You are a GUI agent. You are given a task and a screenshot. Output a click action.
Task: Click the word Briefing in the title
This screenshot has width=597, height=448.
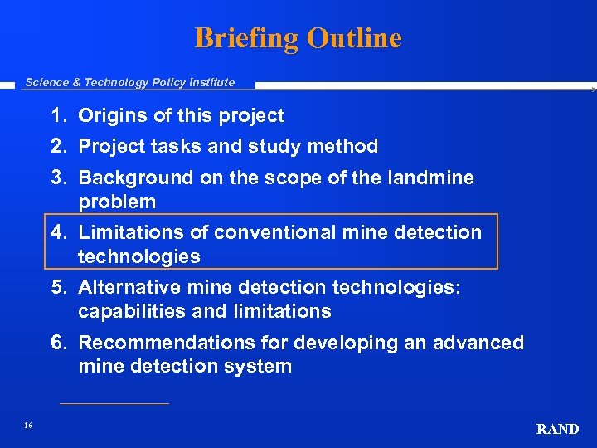[246, 38]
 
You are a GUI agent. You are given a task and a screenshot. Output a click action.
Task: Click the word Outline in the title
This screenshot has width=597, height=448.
[354, 38]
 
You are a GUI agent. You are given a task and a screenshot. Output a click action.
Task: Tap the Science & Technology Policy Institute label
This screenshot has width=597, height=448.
[130, 82]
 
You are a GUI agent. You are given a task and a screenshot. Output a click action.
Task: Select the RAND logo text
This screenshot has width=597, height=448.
[557, 429]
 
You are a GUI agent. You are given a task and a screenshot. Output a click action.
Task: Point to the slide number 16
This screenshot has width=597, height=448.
[28, 426]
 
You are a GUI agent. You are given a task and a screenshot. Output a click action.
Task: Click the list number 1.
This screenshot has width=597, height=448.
[59, 116]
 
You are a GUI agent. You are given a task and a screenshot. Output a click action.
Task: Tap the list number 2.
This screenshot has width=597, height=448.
[59, 147]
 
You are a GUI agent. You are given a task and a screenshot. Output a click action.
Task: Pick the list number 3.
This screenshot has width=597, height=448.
[59, 178]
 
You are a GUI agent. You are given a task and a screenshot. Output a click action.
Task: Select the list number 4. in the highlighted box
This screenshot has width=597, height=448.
[59, 232]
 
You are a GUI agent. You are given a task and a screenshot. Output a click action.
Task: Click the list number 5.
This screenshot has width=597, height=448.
[59, 287]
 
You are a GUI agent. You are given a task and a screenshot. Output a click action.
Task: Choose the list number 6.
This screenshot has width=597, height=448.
[59, 343]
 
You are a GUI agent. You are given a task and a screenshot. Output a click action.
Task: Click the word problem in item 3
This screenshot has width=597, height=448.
[117, 202]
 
